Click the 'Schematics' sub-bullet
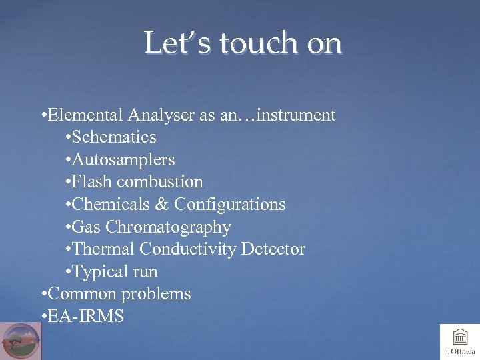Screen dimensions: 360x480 pos(114,137)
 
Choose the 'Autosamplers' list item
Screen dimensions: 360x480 pos(123,160)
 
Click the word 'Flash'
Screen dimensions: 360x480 pos(93,182)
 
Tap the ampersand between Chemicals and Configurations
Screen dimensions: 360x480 pos(163,205)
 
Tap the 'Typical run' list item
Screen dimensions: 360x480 pos(115,272)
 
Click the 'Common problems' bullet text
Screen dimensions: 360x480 pos(119,294)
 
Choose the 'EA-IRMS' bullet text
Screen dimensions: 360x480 pos(86,316)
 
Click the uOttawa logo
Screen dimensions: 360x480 pos(460,341)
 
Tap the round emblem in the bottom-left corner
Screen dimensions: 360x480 pos(21,341)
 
